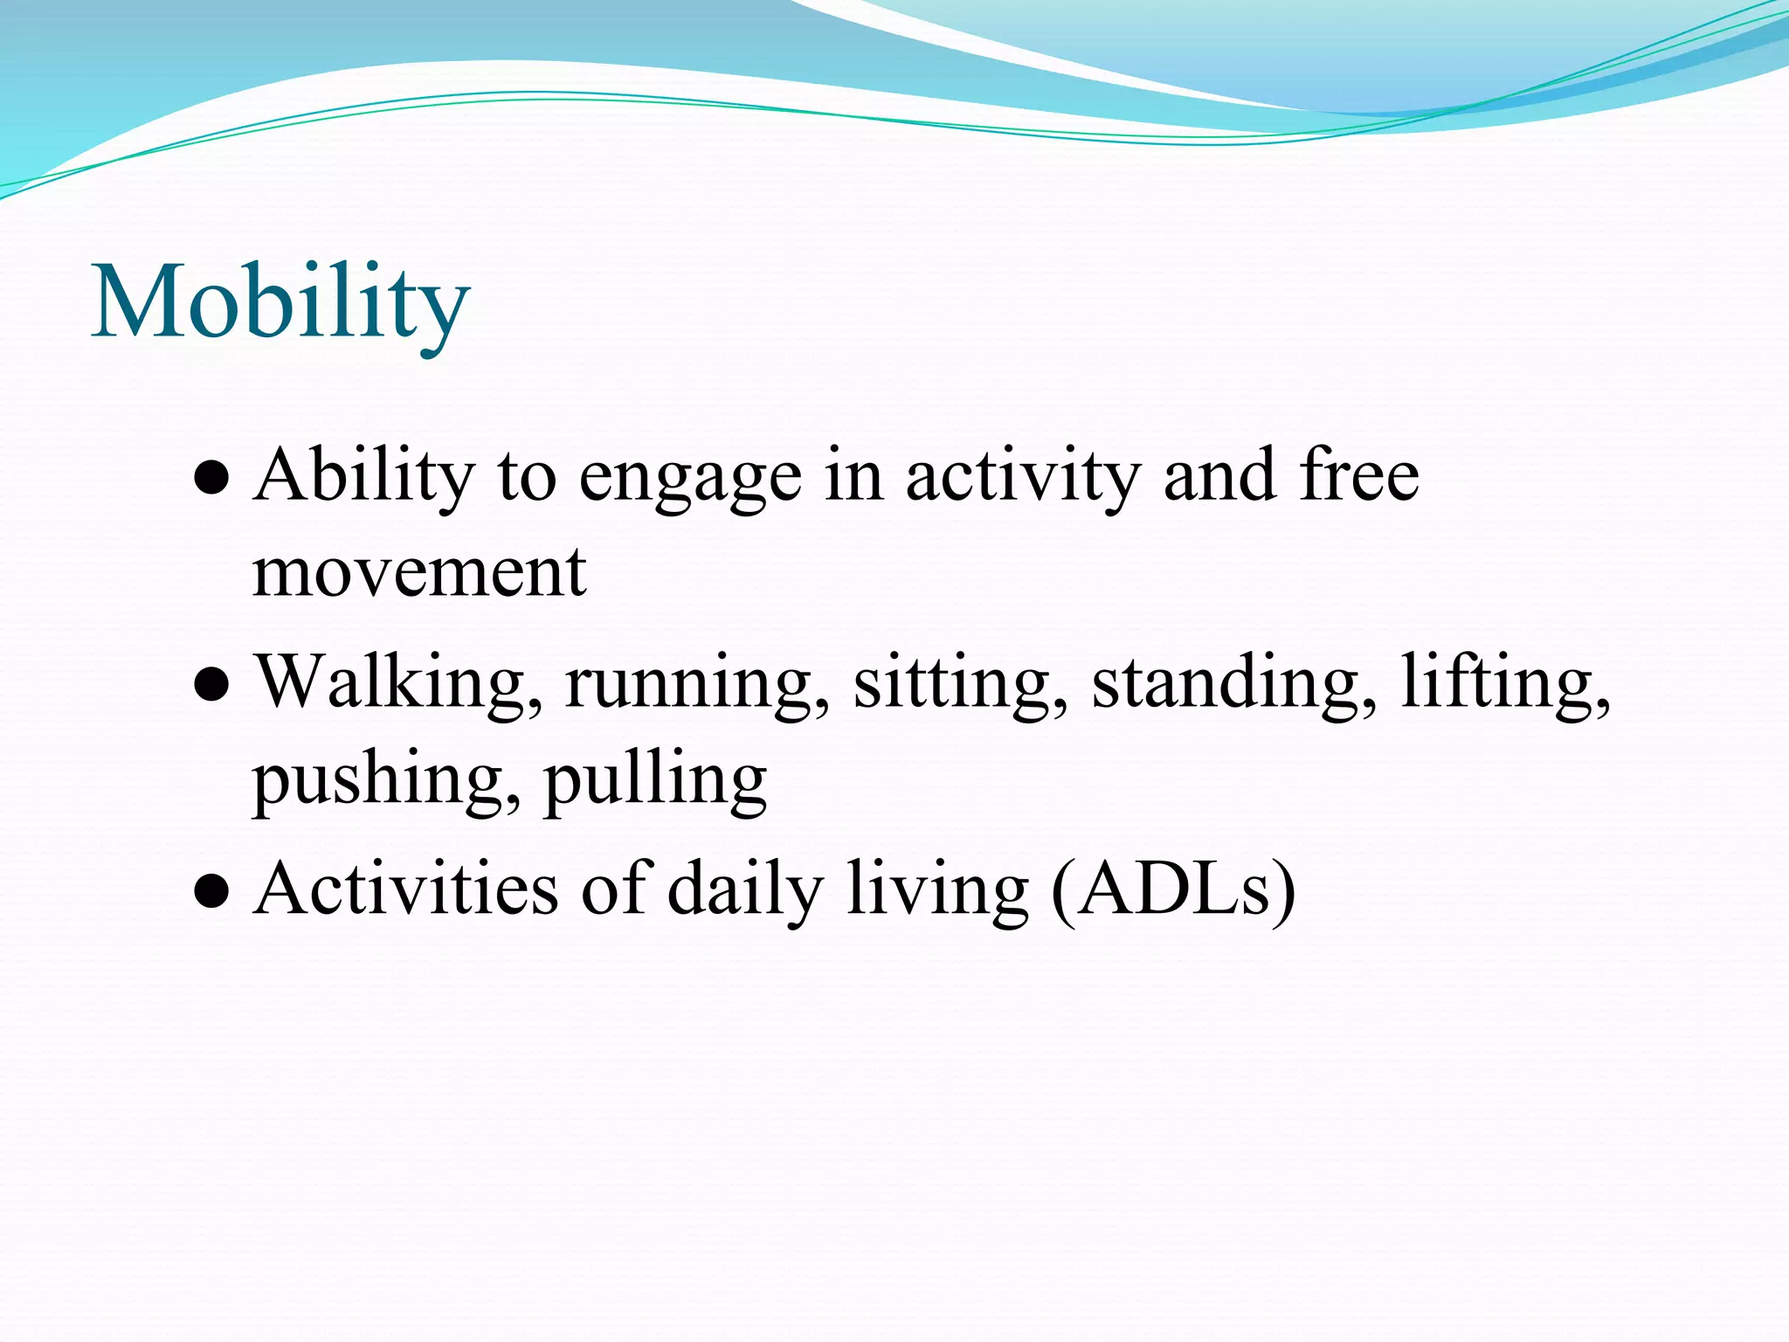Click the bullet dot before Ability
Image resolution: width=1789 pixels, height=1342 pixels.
pos(211,480)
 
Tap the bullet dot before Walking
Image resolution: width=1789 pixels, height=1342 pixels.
pos(211,686)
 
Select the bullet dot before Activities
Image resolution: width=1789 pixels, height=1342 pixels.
pos(211,893)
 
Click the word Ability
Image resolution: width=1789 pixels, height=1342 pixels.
pos(364,476)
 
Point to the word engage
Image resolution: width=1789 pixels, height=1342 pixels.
pos(690,479)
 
